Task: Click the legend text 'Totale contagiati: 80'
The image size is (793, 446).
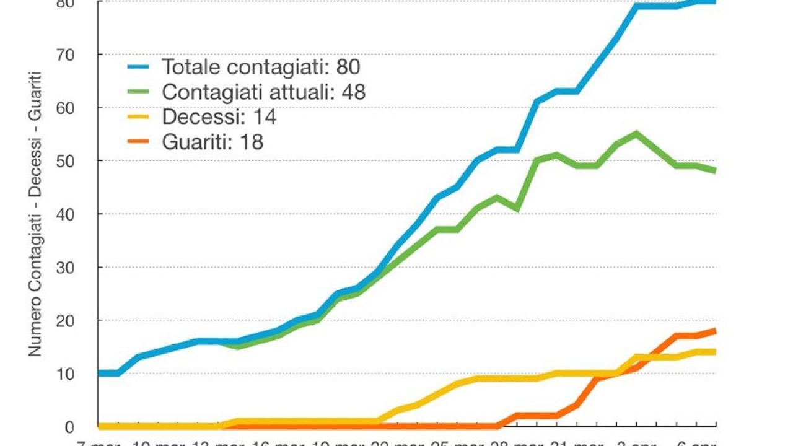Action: (x=261, y=66)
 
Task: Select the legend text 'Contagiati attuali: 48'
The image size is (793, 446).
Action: (x=263, y=92)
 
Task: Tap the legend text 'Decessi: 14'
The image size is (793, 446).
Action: (x=219, y=116)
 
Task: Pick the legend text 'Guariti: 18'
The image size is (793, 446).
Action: (x=212, y=142)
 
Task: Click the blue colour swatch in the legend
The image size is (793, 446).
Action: (x=140, y=66)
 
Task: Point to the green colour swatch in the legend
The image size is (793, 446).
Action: (x=140, y=92)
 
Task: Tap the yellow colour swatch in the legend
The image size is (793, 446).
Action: (x=140, y=116)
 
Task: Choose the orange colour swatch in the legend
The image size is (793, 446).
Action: (x=140, y=142)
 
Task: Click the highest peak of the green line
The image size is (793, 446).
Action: (x=636, y=133)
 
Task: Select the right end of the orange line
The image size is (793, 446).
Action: (x=715, y=331)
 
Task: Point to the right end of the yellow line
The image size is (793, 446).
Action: (x=715, y=352)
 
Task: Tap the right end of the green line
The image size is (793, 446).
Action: (x=715, y=171)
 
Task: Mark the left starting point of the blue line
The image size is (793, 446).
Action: (x=100, y=373)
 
